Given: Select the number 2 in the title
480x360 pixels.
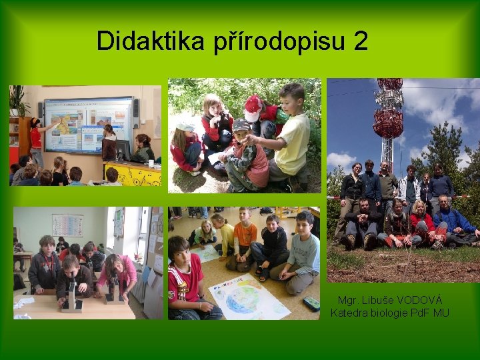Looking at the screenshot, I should coord(361,41).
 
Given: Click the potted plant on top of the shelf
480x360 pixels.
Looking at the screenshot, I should coord(18,100).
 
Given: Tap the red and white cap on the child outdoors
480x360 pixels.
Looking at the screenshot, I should coord(253,107).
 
